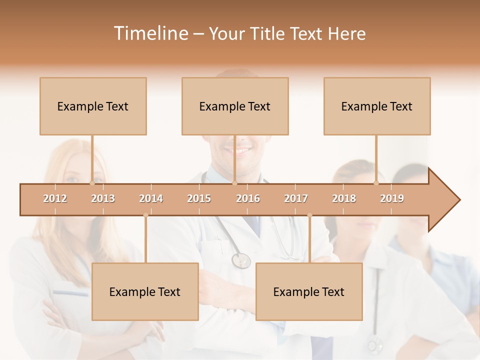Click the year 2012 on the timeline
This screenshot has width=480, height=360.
[55, 198]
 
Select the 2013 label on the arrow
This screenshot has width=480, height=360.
[103, 198]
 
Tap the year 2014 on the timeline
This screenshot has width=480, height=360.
[151, 198]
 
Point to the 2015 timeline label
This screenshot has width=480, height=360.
[199, 198]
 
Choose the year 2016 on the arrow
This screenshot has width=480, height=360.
[248, 198]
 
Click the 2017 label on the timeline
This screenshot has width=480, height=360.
[296, 198]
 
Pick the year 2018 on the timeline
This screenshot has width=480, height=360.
[344, 198]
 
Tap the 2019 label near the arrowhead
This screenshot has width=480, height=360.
[392, 198]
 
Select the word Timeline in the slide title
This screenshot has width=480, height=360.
[150, 33]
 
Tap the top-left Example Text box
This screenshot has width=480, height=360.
[93, 106]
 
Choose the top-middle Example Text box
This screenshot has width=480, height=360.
[235, 106]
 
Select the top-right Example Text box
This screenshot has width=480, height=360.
[377, 106]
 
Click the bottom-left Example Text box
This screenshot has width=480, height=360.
[145, 291]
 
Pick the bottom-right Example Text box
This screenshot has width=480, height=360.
[309, 291]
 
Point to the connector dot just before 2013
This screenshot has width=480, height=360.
[92, 183]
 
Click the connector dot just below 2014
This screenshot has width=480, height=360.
[145, 215]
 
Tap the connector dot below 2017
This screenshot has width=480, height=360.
[309, 215]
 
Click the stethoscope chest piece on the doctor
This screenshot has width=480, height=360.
[241, 260]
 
